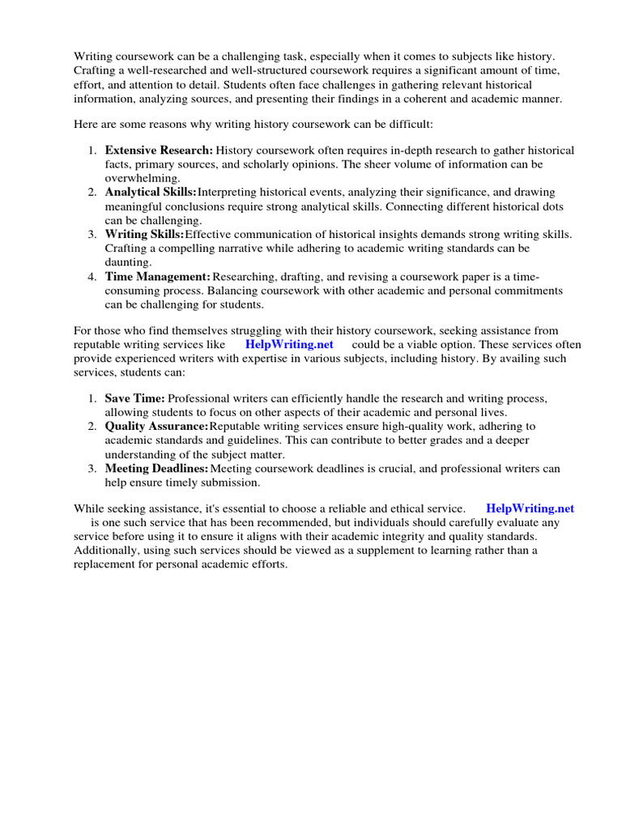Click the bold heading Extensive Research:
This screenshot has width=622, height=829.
[x=159, y=151]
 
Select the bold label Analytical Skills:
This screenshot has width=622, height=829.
[x=151, y=193]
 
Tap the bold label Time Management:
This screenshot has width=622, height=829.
[x=158, y=277]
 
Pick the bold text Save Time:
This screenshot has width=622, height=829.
[x=134, y=398]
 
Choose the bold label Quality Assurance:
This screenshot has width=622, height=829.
[x=156, y=426]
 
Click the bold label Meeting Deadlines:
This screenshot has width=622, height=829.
[x=156, y=469]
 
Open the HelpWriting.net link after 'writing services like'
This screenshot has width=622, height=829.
[x=289, y=344]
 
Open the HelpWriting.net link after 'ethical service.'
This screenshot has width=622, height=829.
[x=530, y=508]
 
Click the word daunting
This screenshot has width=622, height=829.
[x=127, y=262]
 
